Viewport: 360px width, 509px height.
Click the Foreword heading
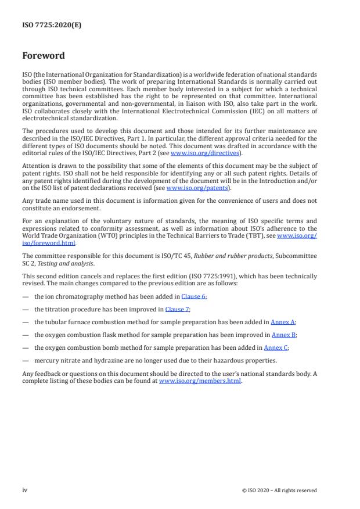tap(44, 56)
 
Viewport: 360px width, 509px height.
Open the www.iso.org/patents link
tap(190, 188)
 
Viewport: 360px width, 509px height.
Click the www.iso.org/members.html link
tap(200, 381)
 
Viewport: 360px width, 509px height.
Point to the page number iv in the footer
tap(25, 490)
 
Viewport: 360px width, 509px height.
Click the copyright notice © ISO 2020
tap(279, 490)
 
